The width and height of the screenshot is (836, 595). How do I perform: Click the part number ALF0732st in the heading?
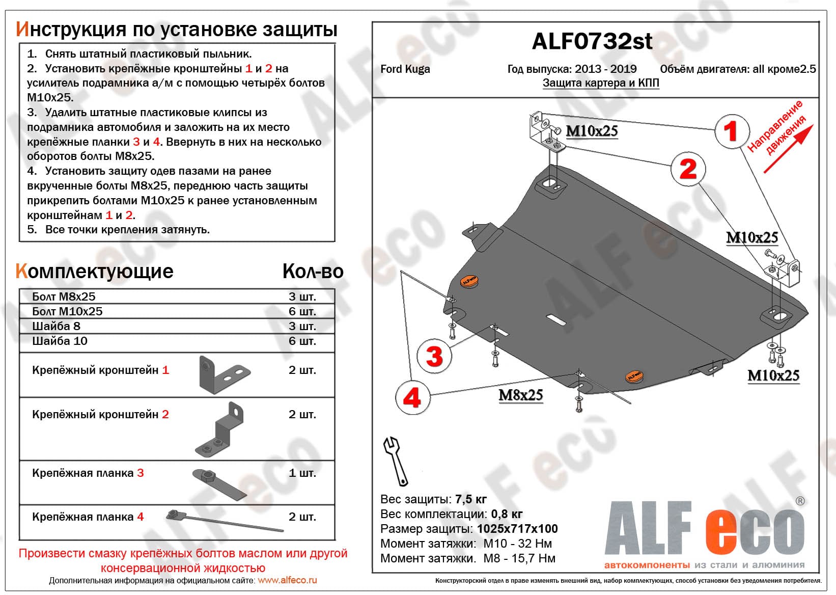click(x=592, y=41)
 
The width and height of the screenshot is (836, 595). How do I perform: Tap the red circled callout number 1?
click(x=732, y=131)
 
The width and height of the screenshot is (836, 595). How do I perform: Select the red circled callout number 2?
click(x=688, y=169)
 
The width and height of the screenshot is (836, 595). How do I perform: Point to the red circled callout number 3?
click(x=434, y=356)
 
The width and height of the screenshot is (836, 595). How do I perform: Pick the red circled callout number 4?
click(x=412, y=397)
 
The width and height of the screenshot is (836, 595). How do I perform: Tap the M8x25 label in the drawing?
click(x=521, y=395)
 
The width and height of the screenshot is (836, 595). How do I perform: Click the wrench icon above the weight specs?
click(x=396, y=461)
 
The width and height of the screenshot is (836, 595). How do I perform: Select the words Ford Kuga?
click(x=405, y=69)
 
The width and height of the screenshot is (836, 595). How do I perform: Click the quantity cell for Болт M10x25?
click(x=302, y=311)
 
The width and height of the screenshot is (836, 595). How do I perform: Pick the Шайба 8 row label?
click(x=56, y=326)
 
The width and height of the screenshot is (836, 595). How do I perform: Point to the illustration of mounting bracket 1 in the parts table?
click(x=224, y=375)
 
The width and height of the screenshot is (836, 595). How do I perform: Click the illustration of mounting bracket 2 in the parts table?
click(x=219, y=429)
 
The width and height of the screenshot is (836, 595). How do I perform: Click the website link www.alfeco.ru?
click(x=288, y=580)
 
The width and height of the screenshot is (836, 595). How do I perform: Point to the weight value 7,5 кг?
click(x=471, y=499)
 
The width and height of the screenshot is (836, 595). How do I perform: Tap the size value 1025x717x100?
click(x=517, y=529)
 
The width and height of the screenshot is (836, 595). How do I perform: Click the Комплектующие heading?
click(x=95, y=271)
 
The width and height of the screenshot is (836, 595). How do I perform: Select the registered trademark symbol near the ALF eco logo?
click(x=800, y=501)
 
